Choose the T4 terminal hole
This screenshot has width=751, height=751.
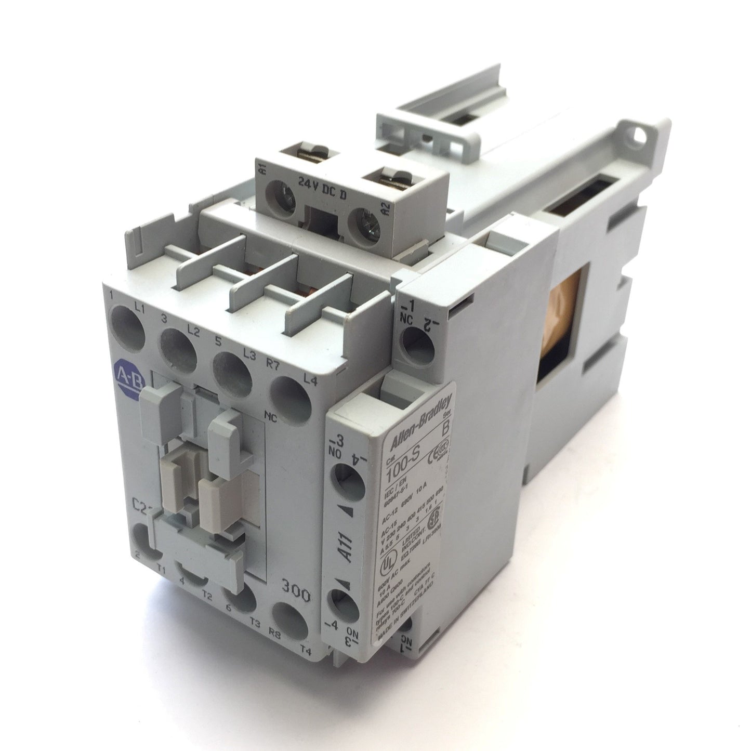click(x=289, y=621)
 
